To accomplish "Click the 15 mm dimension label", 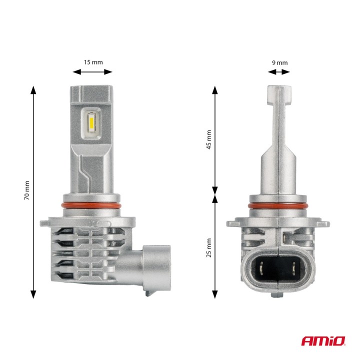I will click(93, 62).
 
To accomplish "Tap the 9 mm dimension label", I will click(279, 62).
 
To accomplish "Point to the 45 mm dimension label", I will click(209, 139).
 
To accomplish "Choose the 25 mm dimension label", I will click(209, 247).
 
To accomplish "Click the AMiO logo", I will click(322, 341).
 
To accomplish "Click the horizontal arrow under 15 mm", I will click(93, 72).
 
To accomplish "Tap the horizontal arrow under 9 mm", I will click(279, 72).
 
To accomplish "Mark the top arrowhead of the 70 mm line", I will click(34, 90).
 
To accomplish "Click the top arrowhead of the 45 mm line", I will click(215, 90).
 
